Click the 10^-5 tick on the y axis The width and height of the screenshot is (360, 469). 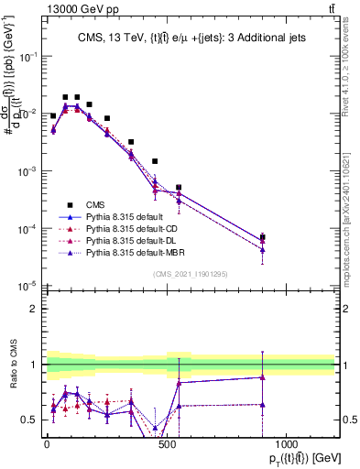[x=27, y=286]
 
